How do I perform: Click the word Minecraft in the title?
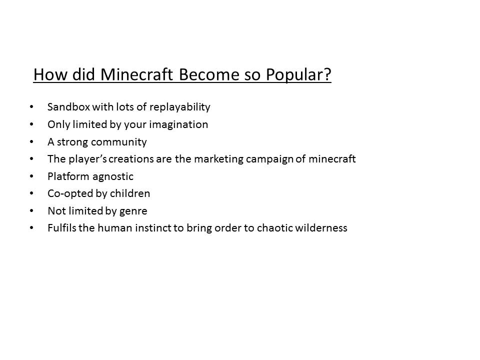point(137,74)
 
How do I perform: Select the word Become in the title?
point(209,74)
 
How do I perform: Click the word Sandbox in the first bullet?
point(69,107)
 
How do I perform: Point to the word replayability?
point(180,107)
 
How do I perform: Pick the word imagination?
point(178,125)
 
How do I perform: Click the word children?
point(130,193)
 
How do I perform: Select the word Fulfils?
point(62,228)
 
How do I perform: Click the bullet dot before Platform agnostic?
point(31,176)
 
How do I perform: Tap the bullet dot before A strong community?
point(31,141)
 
